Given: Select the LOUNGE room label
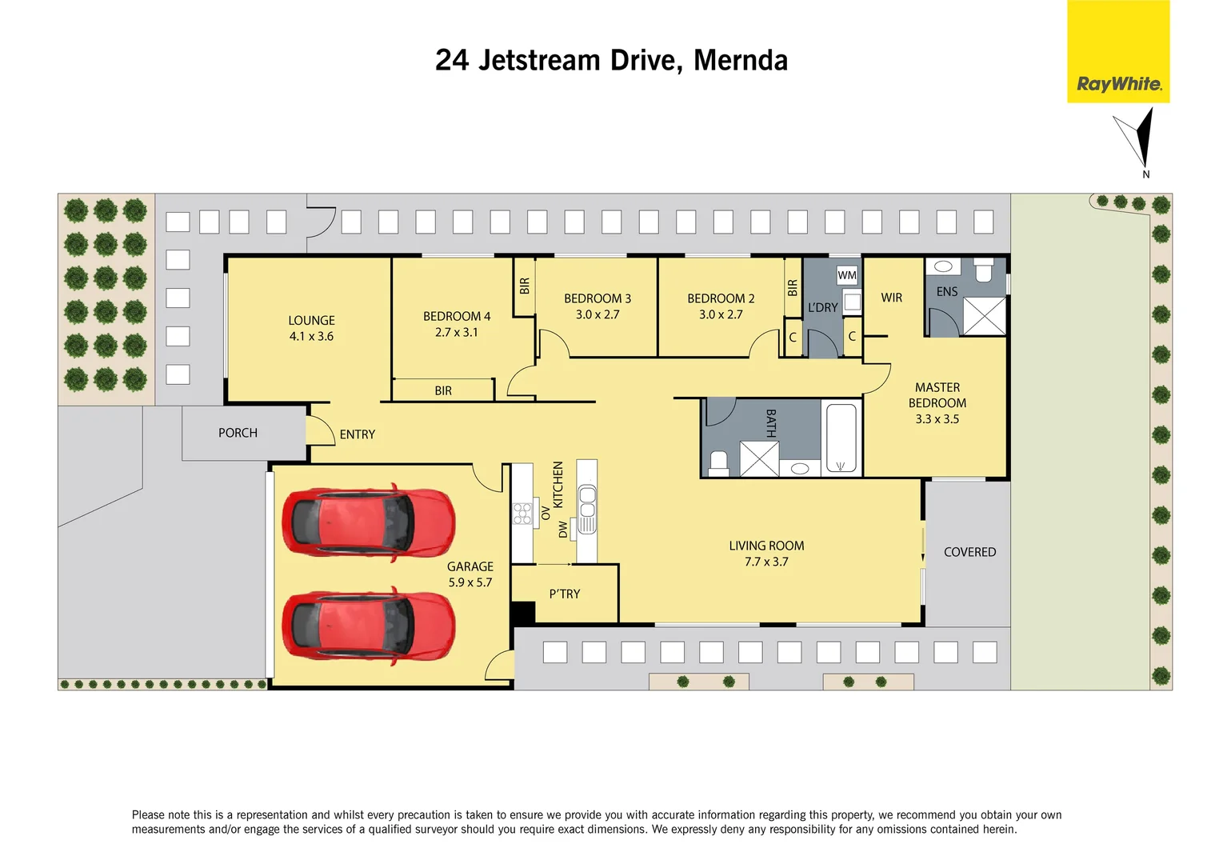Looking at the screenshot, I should tap(311, 320).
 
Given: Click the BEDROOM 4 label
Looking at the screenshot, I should tap(457, 316).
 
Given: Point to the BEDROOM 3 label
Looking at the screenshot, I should tap(597, 298).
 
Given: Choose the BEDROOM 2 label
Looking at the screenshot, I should tap(721, 298).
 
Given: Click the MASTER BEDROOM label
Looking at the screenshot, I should tap(937, 395).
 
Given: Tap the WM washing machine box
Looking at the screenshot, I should tap(846, 275).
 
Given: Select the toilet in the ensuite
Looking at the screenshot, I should tap(983, 270).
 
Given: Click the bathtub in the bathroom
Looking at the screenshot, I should tap(841, 438).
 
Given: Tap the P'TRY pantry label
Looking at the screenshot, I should tap(564, 594).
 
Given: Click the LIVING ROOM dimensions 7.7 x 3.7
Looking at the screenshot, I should tap(765, 562).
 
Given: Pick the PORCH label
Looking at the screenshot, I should tap(238, 433).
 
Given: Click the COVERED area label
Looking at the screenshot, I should tap(969, 552).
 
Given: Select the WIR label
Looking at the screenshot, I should tap(891, 298).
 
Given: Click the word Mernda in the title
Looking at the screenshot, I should tap(740, 60).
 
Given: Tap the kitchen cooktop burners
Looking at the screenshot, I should tap(522, 514).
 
